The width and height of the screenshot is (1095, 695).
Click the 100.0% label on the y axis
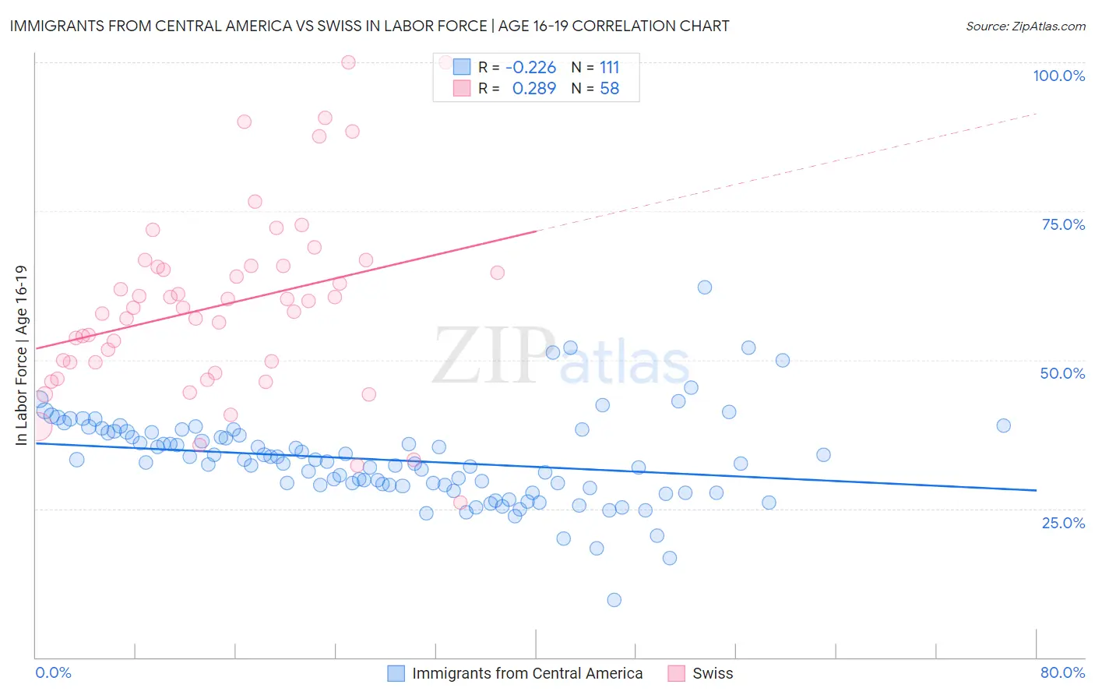1058,76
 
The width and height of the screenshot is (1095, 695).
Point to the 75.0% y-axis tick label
1063,224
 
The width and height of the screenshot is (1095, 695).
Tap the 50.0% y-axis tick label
1062,373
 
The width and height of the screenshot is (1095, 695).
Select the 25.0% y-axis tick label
1063,522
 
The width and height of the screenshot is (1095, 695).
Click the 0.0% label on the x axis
53,672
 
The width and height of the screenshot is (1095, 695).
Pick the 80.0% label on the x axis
1062,672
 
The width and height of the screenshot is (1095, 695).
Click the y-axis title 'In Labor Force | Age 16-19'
21,355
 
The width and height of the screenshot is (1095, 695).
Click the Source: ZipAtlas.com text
1025,26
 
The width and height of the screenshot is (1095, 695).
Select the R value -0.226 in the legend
530,67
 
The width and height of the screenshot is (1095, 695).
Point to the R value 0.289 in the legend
533,89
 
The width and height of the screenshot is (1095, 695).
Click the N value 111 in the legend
609,67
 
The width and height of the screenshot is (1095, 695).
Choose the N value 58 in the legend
609,89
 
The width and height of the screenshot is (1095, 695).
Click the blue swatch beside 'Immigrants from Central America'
396,673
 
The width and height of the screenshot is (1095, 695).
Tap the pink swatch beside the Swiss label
676,673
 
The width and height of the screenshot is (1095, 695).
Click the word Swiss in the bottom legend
713,673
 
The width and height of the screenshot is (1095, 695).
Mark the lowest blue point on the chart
614,600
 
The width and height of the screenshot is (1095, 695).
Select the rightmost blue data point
1003,425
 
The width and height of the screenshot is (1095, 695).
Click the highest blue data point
704,287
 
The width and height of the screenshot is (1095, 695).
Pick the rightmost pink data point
497,273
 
